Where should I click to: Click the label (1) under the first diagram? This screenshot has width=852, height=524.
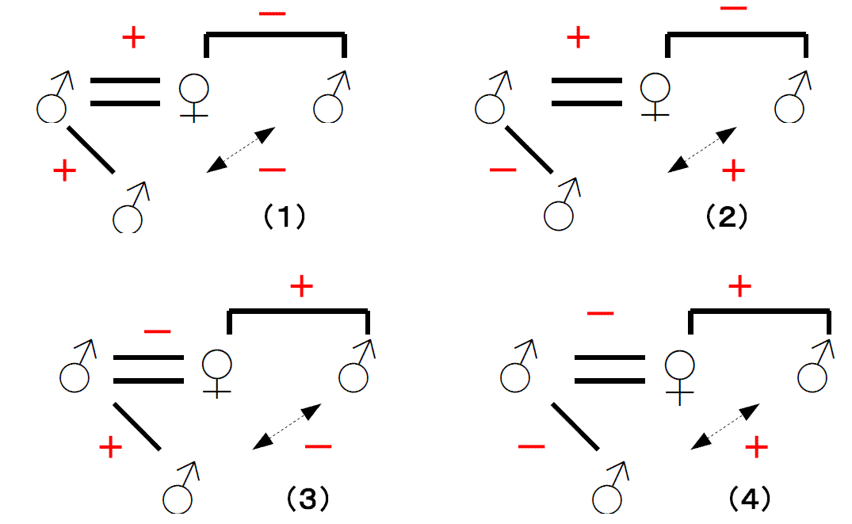[x=284, y=216]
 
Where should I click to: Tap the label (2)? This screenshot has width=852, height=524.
[x=726, y=216]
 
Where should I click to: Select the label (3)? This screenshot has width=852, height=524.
[x=307, y=499]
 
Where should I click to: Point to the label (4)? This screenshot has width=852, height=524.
[x=749, y=499]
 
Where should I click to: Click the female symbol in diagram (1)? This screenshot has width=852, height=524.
[x=193, y=97]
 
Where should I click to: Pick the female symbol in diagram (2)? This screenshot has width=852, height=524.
[x=654, y=97]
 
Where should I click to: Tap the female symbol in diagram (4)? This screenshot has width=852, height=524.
[x=679, y=374]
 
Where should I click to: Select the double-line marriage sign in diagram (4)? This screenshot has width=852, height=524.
[x=609, y=369]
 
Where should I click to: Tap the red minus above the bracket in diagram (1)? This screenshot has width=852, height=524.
[x=273, y=13]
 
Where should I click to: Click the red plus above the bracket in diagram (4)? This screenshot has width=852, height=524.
[x=739, y=288]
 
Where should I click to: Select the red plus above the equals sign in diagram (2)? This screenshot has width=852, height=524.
[x=579, y=37]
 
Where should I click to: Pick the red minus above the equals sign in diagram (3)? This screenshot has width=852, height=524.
[x=157, y=331]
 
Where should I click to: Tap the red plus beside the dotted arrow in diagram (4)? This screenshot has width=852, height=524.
[x=756, y=449]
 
